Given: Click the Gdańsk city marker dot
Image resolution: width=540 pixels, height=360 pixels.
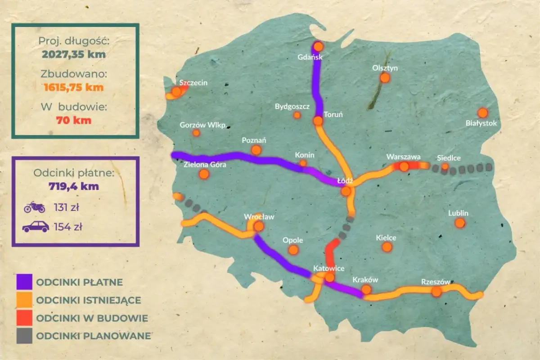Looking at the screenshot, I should coord(319,46).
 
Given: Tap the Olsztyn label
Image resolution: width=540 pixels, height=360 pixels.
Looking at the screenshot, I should coord(385,68).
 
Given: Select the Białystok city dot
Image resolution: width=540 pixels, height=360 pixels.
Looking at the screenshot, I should coord(483,112).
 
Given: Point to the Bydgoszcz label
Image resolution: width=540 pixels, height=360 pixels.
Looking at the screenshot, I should coord(292,107).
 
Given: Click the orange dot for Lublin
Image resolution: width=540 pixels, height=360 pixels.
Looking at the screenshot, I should coord(459,223).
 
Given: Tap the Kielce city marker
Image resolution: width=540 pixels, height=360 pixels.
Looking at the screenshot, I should coord(387,247).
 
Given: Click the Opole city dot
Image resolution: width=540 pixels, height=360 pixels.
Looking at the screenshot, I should coord(293,250).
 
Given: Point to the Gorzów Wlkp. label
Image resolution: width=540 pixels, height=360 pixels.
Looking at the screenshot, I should coord(203,125).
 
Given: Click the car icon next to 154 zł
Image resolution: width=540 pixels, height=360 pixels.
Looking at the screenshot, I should coord(36,226).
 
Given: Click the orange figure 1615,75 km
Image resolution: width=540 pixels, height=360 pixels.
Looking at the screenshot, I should coord(74,87).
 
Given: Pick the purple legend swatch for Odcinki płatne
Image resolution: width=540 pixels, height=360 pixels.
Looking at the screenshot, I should coord(24,282).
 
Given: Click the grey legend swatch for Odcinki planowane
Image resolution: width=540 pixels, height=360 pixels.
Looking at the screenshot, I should coord(24,336).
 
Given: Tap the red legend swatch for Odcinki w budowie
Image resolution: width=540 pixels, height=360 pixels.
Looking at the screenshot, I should coord(24,318).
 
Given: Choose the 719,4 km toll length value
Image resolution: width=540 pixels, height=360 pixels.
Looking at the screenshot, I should coord(74,185).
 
